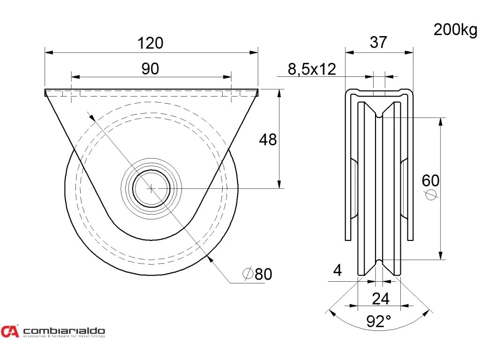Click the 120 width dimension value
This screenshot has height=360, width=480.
[x=150, y=43]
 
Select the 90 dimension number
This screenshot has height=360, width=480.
[x=150, y=69]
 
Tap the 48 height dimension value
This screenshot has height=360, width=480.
[x=268, y=139]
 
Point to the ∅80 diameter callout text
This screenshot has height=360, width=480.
[x=257, y=274]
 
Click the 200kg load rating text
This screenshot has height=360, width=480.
[x=454, y=30]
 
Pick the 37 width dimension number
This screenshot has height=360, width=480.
[x=378, y=43]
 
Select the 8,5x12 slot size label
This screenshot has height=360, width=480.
[x=312, y=69]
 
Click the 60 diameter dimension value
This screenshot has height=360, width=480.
[x=430, y=180]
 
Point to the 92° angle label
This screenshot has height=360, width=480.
[x=379, y=321]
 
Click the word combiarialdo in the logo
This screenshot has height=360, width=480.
[x=64, y=330]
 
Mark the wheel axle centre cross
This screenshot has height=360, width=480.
[x=151, y=188]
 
